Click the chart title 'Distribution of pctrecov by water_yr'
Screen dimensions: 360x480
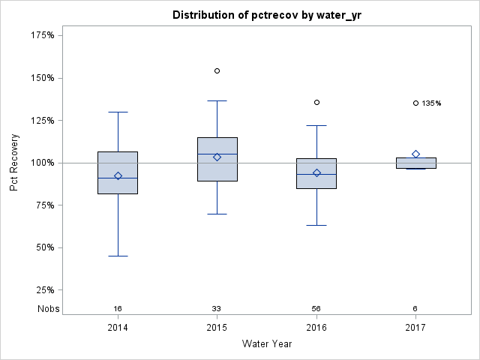[x=265, y=15]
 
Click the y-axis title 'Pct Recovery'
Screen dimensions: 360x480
[x=15, y=163]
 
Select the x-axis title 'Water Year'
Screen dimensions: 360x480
[x=266, y=344]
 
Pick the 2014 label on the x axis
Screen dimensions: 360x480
[x=118, y=328]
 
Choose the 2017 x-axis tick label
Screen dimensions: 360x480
[x=415, y=328]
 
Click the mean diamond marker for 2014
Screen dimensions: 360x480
[x=118, y=175]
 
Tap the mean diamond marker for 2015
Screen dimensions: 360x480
[x=217, y=157]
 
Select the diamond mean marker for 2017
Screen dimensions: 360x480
[x=415, y=154]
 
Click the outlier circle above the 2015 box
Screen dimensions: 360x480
[x=217, y=70]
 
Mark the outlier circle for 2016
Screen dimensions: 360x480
[x=316, y=102]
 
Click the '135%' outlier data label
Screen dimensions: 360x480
[x=431, y=103]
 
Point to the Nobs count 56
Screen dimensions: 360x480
[x=316, y=309]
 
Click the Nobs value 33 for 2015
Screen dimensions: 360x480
[x=217, y=309]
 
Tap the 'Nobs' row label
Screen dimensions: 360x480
[x=49, y=309]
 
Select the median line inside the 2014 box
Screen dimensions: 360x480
[x=118, y=178]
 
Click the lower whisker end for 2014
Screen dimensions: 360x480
[x=118, y=256]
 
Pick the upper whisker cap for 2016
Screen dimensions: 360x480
[x=316, y=125]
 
